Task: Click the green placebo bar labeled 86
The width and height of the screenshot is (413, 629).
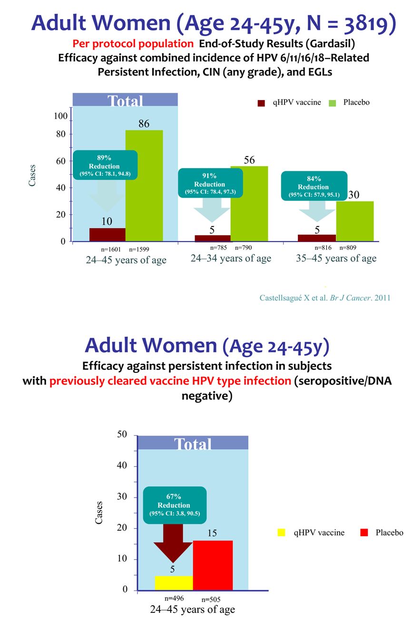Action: [144, 186]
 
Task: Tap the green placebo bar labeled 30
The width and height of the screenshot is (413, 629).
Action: [354, 221]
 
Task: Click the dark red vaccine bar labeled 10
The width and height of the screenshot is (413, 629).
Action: [108, 235]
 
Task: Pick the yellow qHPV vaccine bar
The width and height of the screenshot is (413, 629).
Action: [174, 583]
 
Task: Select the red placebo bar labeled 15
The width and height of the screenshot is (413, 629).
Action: [213, 565]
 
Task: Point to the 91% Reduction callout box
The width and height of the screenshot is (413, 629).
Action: [210, 184]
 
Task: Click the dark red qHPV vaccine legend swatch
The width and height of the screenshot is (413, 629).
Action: [261, 103]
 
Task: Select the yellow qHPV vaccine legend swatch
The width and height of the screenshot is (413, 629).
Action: [281, 533]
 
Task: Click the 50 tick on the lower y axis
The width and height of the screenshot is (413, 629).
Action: [122, 434]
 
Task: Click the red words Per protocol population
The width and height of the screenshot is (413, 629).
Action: [132, 44]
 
